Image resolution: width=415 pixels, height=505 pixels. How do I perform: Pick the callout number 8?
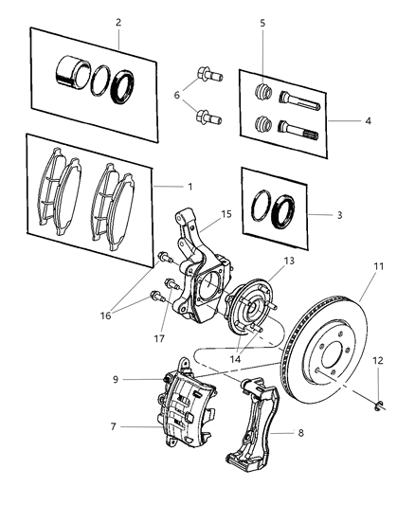[302, 435]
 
